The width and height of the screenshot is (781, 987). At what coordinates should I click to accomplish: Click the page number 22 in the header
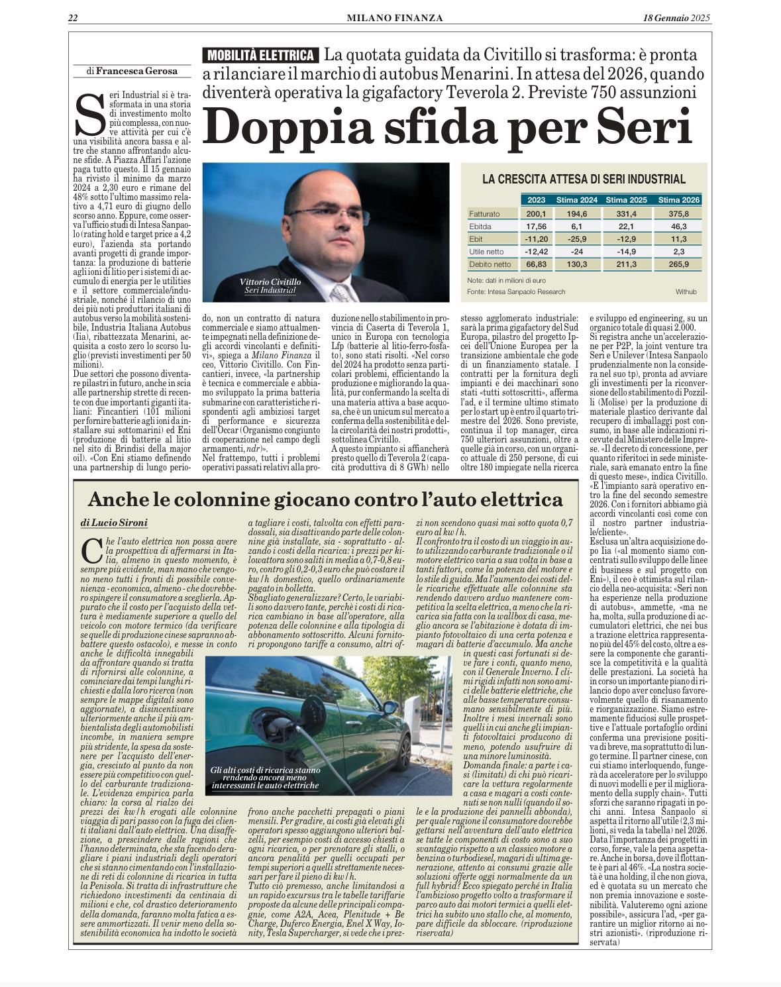pyautogui.click(x=74, y=18)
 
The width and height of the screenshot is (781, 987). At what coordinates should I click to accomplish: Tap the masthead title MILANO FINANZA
pyautogui.click(x=395, y=18)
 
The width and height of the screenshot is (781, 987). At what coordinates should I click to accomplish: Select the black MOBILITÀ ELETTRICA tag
pyautogui.click(x=261, y=56)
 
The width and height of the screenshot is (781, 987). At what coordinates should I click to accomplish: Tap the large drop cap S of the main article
pyautogui.click(x=90, y=113)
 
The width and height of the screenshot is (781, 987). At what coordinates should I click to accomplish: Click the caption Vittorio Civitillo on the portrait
pyautogui.click(x=270, y=282)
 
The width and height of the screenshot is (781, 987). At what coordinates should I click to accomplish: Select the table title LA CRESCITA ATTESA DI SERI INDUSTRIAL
pyautogui.click(x=584, y=179)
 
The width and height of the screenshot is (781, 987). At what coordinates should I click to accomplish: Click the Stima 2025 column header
pyautogui.click(x=626, y=200)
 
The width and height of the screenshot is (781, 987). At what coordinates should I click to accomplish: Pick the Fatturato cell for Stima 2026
pyautogui.click(x=678, y=214)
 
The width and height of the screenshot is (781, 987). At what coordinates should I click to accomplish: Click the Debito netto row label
pyautogui.click(x=488, y=264)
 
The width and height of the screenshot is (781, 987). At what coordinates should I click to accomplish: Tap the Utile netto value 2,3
pyautogui.click(x=678, y=252)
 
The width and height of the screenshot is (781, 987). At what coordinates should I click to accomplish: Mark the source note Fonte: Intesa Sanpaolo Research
pyautogui.click(x=516, y=291)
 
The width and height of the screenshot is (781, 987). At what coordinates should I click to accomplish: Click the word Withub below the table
pyautogui.click(x=686, y=291)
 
